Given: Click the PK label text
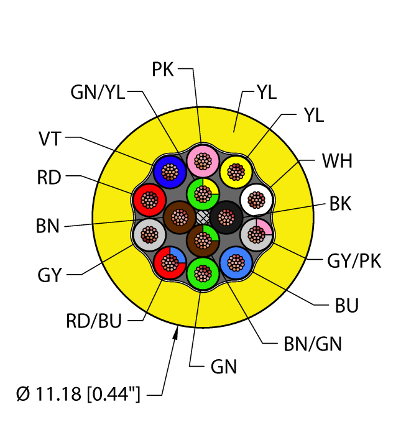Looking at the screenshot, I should (x=164, y=70).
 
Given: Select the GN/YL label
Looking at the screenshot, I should (x=98, y=93).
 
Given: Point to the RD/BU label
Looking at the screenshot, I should (x=93, y=321).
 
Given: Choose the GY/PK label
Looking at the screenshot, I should (x=354, y=262).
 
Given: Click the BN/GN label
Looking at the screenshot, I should (x=312, y=344).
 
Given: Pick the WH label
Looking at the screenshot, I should (x=337, y=162).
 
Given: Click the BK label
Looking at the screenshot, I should (x=338, y=203).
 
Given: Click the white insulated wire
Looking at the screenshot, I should (x=256, y=199).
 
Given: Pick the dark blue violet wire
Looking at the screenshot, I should (x=170, y=171).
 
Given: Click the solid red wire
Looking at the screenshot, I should (x=149, y=199).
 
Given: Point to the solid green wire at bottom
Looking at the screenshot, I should (x=203, y=272).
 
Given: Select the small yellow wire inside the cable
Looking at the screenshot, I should (x=236, y=171).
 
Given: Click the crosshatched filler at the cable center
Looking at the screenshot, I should (x=203, y=217).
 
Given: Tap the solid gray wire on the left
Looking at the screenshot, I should (x=149, y=234).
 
